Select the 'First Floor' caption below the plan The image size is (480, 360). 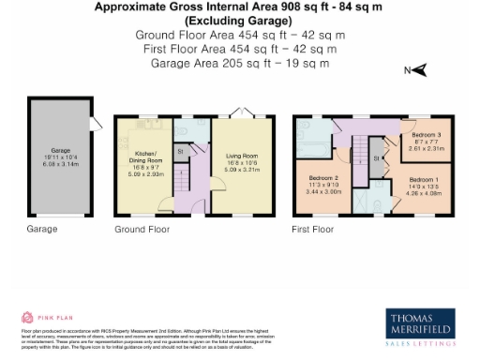pos(313,229)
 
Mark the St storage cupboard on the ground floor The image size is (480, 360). pos(181,150)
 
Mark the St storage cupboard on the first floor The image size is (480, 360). pos(376,159)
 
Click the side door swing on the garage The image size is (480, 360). pos(95,124)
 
